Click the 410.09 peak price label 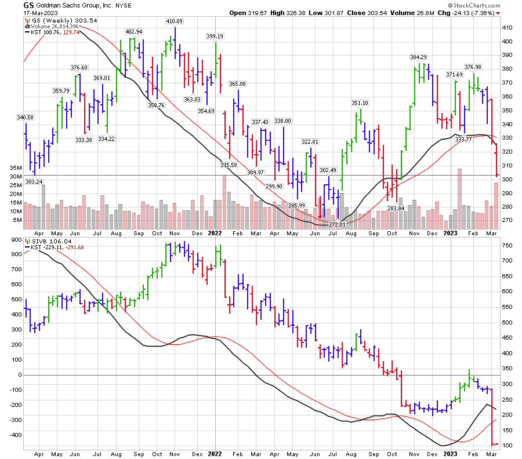175,21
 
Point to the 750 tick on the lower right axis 507,245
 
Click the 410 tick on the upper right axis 507,27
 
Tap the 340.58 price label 26,118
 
